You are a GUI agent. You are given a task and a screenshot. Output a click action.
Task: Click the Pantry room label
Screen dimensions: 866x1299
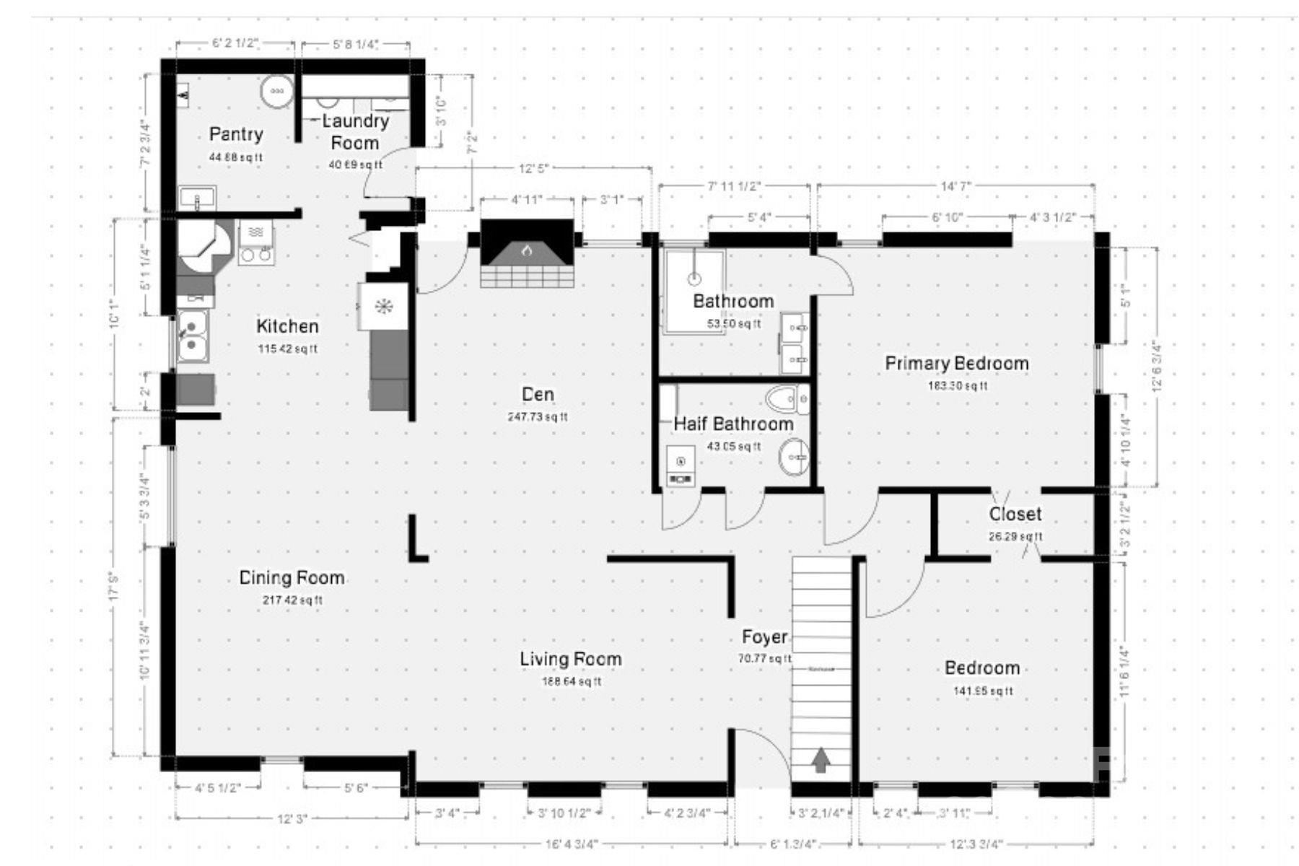[236, 134]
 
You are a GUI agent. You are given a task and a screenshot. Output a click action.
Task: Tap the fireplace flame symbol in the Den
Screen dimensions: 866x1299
[527, 251]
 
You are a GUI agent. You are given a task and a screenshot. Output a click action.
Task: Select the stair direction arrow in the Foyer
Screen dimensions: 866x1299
[821, 761]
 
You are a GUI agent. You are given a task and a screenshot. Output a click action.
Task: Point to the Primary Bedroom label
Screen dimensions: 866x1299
[957, 364]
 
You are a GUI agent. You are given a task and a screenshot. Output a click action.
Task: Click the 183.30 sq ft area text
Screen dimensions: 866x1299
[957, 386]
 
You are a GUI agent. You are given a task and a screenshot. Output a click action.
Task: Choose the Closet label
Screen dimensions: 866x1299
[1015, 515]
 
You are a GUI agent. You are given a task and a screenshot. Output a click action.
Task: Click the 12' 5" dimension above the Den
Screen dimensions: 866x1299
[534, 169]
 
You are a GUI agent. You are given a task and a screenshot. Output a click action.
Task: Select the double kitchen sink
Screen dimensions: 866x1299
[192, 336]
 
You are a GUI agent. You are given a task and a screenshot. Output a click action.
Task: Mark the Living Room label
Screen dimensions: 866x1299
[570, 659]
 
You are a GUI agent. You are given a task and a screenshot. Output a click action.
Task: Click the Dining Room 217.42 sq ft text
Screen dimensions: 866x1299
[291, 600]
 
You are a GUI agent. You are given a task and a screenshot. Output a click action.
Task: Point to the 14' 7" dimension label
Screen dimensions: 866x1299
[955, 186]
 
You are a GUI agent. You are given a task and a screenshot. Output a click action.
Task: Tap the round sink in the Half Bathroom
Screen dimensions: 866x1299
[793, 458]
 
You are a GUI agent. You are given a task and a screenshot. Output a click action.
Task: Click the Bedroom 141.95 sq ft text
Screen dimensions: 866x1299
[982, 691]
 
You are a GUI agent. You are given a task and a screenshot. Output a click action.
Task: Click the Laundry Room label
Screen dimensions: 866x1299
[354, 132]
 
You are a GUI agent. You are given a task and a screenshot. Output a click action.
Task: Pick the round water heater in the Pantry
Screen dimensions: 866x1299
[276, 92]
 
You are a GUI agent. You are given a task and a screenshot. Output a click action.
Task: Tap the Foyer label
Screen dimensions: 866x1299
[764, 637]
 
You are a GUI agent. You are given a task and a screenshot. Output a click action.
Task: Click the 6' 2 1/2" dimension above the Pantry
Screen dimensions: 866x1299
[235, 43]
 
